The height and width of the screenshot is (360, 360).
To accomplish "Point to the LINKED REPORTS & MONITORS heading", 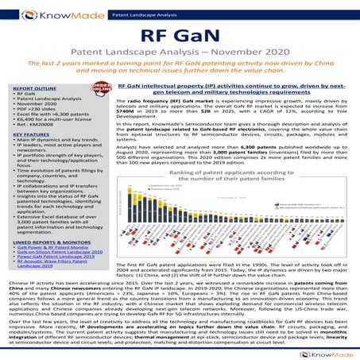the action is pyautogui.click(x=48, y=239).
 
